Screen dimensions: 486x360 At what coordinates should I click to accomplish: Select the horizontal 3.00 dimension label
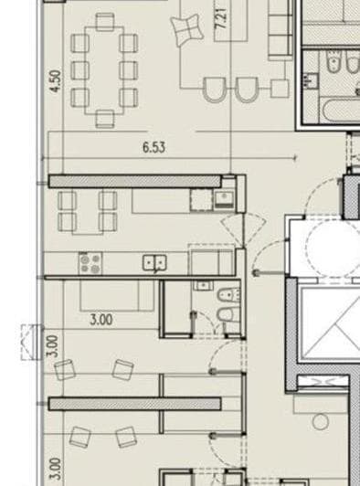pos(101,320)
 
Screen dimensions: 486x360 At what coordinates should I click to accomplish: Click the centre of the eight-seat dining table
pos(103,70)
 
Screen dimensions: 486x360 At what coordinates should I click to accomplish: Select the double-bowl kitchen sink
pos(154,264)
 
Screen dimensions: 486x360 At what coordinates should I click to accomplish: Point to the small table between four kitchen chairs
pos(88,210)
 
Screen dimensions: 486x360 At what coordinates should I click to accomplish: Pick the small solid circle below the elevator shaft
pos(320,421)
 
